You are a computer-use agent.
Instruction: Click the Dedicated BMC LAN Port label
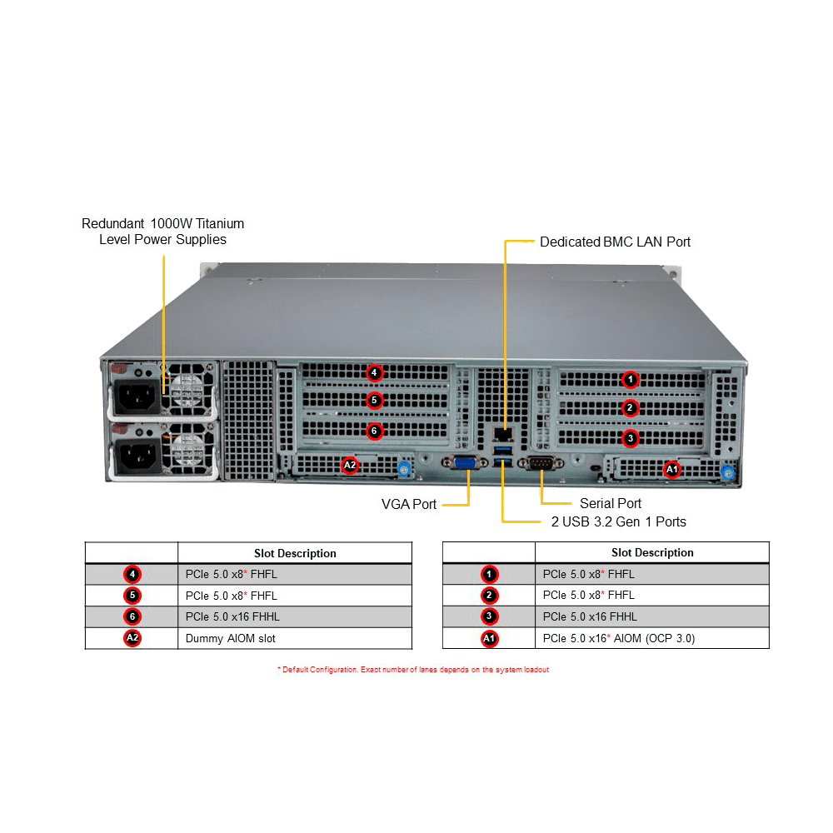[615, 242]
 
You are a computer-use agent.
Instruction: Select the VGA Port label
[408, 504]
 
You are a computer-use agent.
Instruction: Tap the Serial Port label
[611, 503]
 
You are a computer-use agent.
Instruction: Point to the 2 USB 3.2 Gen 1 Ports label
[618, 522]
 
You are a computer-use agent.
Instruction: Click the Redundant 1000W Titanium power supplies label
[162, 232]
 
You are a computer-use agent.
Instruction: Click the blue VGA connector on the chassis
[465, 465]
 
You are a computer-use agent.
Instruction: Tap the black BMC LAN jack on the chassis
[501, 434]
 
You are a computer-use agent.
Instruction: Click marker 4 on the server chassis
[374, 372]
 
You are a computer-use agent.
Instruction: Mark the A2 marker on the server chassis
[350, 465]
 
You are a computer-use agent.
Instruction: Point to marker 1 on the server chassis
[631, 380]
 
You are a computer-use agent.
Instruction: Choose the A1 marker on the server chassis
[671, 470]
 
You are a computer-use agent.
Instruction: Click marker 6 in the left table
[132, 617]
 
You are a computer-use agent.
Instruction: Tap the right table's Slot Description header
[652, 552]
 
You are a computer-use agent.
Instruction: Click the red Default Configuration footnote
[414, 670]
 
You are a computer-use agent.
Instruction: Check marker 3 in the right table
[489, 617]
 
